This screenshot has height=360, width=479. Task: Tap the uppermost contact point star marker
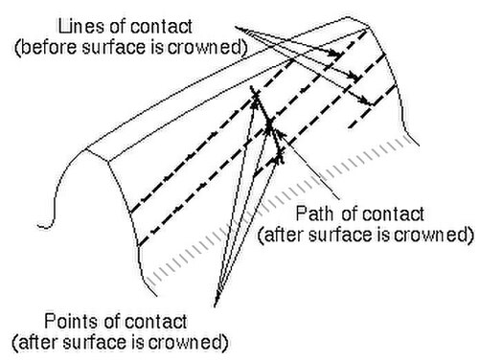255,95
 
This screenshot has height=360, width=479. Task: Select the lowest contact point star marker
280,155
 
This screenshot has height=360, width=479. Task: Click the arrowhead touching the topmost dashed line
335,53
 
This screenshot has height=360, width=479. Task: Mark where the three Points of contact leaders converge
216,304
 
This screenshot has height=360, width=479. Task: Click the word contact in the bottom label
155,321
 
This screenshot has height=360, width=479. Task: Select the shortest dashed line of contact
373,106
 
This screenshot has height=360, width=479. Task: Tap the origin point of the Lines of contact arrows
236,28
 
